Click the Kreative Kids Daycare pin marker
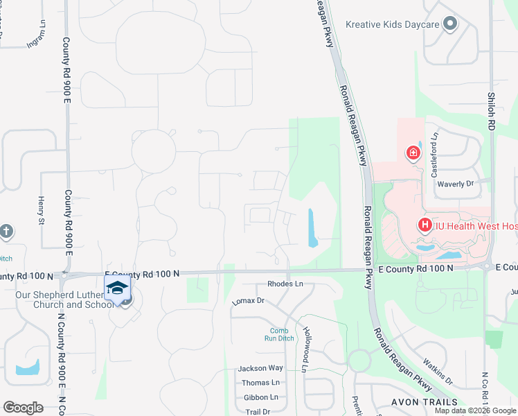[x=450, y=24]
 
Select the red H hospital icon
[x=425, y=225]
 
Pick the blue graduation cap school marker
[x=118, y=289]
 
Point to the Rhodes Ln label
[x=285, y=284]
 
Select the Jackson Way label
[x=260, y=368]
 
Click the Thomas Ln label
[x=260, y=383]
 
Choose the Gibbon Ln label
[x=260, y=397]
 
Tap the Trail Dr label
[x=257, y=412]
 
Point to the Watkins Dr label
[x=437, y=381]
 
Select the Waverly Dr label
[x=455, y=184]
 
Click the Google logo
[x=23, y=407]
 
